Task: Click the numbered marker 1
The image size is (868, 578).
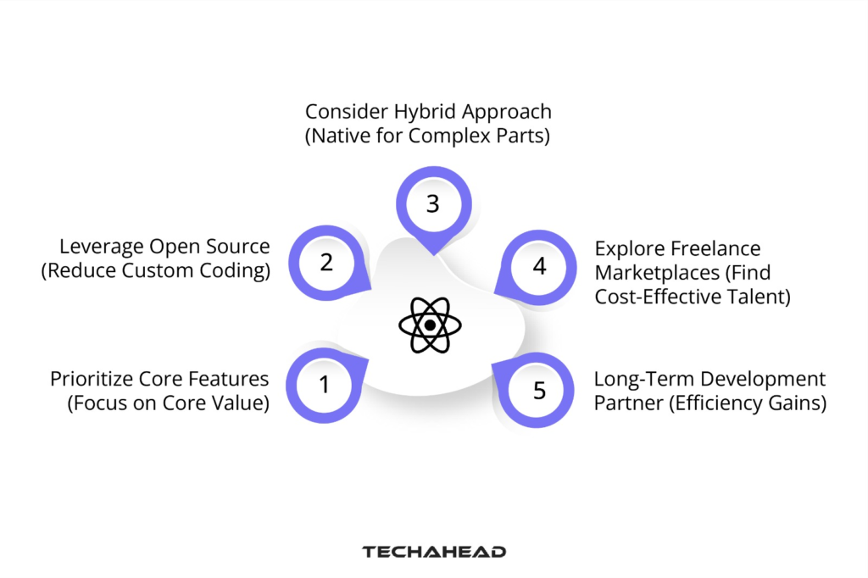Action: click(324, 386)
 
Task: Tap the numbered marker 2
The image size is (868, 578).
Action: click(326, 263)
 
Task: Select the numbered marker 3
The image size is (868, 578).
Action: click(432, 204)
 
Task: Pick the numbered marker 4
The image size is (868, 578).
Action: click(539, 266)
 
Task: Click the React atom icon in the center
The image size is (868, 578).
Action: click(430, 325)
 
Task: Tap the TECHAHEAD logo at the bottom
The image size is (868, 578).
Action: click(434, 552)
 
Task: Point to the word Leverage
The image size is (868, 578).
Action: click(99, 247)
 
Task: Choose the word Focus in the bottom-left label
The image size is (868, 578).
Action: click(100, 403)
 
